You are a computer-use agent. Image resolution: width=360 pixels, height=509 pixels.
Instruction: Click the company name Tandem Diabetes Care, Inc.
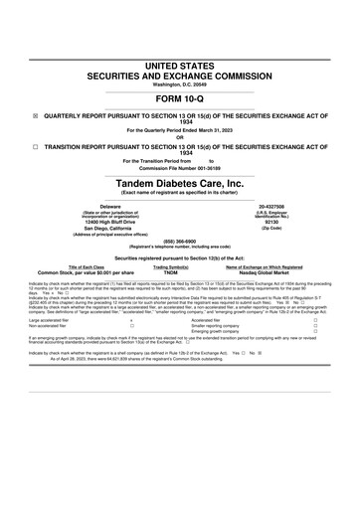click(x=180, y=184)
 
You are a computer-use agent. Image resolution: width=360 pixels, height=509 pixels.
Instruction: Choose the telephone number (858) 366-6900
click(x=180, y=253)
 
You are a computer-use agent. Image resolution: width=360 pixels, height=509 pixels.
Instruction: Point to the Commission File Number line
click(x=180, y=167)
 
